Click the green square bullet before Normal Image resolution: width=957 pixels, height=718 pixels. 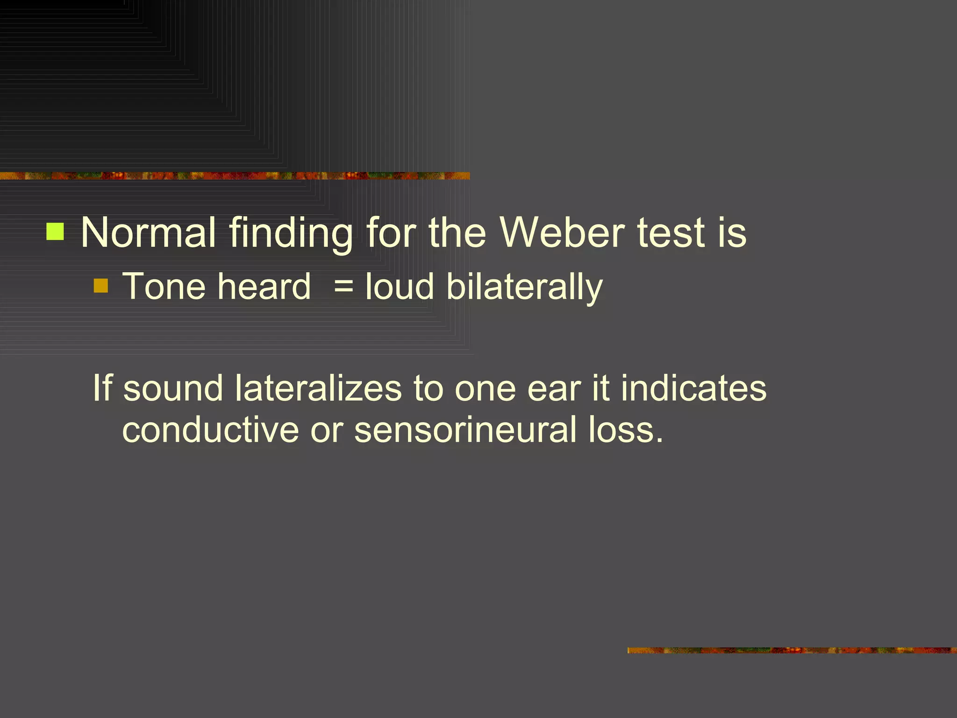click(55, 231)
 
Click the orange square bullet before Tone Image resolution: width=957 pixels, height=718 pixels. click(101, 286)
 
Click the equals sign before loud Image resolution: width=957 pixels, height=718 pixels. click(343, 287)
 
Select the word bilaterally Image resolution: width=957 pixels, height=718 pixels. click(524, 287)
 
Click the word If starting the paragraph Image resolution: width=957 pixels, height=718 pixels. click(102, 388)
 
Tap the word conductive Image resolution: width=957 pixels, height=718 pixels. click(210, 430)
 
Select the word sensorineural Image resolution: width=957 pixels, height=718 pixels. click(465, 430)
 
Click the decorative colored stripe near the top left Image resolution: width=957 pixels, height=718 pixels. click(234, 176)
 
